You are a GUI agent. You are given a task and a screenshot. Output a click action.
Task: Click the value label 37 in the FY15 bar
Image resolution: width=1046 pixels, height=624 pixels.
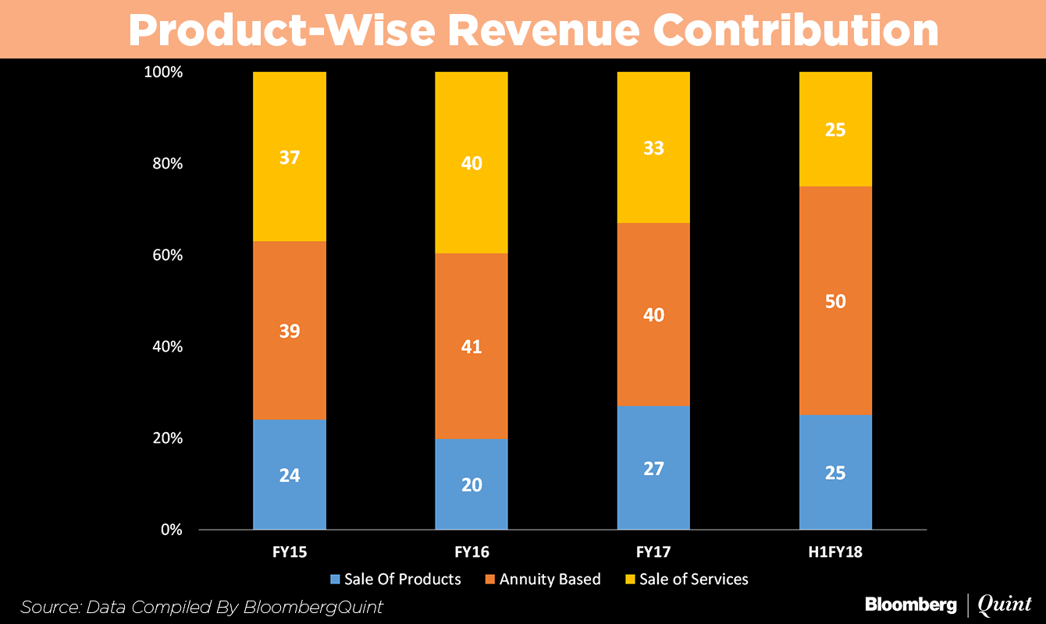(289, 158)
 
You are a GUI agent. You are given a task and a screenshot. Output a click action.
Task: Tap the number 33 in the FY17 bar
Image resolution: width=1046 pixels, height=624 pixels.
(653, 147)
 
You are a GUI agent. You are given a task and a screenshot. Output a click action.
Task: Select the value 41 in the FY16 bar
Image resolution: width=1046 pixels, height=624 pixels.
(471, 346)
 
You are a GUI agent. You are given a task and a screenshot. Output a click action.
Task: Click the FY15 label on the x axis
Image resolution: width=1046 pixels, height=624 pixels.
(289, 552)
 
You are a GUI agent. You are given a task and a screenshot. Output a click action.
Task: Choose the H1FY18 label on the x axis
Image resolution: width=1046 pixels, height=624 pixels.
(835, 552)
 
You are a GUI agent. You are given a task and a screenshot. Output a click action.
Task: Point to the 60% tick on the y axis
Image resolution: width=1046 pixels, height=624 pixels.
(165, 255)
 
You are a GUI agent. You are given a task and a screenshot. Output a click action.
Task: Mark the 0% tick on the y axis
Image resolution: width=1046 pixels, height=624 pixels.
(170, 530)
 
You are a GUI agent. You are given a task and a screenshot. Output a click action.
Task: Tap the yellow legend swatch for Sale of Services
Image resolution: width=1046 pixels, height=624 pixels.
(630, 580)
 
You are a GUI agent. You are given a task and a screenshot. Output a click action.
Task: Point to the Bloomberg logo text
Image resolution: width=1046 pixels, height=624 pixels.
(910, 604)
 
